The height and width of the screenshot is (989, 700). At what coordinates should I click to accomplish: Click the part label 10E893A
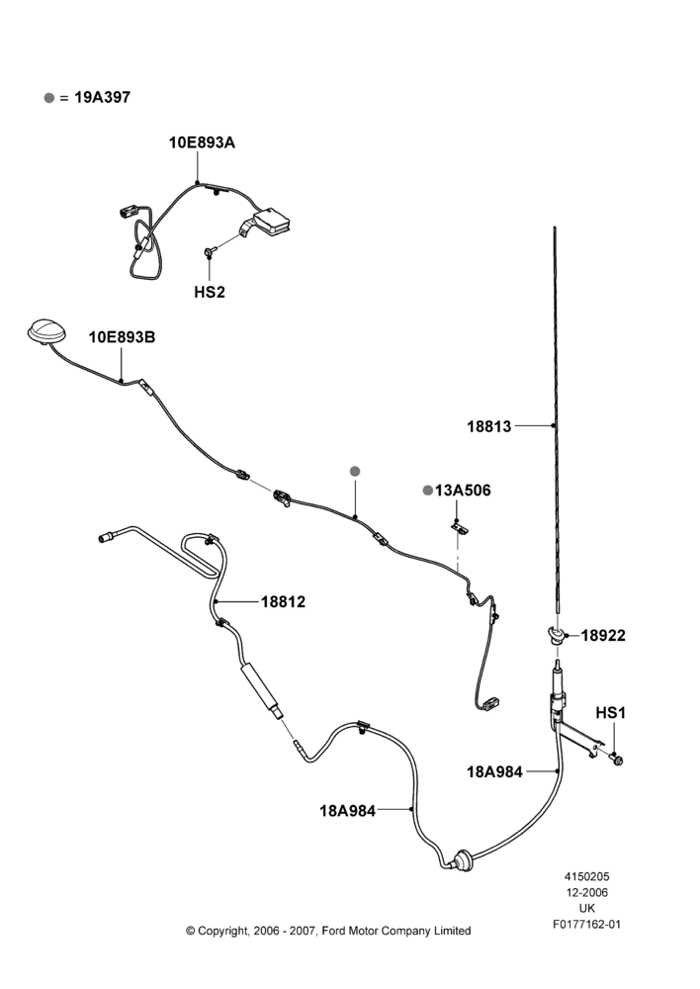pos(202,142)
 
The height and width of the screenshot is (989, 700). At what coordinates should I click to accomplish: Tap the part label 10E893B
pos(122,337)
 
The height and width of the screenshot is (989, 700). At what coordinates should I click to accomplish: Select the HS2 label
pos(210,292)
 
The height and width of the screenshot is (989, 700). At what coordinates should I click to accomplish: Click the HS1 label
pos(610,713)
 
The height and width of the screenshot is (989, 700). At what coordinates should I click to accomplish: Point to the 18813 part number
pos(488,426)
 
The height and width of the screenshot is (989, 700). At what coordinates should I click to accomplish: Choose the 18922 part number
pos(603,635)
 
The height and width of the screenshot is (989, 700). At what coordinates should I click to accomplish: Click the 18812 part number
pos(283,601)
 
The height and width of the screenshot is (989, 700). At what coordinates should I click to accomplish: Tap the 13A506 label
pos(463,491)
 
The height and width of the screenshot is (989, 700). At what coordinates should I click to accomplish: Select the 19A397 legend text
pos(102,97)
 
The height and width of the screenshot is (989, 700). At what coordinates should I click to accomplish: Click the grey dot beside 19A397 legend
pos(49,98)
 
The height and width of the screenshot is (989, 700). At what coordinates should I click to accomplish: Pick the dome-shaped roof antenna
pos(44,331)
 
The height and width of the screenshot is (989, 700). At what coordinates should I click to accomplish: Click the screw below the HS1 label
pos(616,759)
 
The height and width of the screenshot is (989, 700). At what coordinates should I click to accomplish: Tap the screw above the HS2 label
pos(210,251)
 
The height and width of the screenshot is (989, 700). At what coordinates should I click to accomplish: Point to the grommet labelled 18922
pos(555,634)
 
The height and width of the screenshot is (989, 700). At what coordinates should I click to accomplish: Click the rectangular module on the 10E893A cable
pos(272,222)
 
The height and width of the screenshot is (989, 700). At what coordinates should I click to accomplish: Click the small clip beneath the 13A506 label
pos(461,528)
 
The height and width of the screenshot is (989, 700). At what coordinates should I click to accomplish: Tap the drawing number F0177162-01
pos(586,925)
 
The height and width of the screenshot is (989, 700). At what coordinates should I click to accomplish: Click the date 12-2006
pos(586,892)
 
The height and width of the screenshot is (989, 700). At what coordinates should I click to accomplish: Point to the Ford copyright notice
pos(328,931)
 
